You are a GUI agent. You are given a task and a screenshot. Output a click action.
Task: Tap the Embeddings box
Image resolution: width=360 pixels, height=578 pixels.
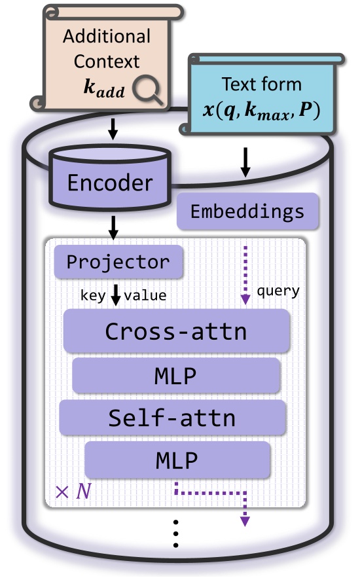click(247, 211)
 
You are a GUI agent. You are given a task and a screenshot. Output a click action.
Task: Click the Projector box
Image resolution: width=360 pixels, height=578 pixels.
click(118, 262)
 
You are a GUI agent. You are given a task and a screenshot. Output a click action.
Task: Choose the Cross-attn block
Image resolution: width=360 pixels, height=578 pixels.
click(176, 331)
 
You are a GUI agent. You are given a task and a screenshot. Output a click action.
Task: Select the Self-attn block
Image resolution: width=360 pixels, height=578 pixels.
click(173, 417)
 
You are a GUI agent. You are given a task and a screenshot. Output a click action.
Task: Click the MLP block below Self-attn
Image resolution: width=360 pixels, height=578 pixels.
click(177, 460)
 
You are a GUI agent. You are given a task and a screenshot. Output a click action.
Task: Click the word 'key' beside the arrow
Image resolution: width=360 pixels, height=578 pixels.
click(92, 295)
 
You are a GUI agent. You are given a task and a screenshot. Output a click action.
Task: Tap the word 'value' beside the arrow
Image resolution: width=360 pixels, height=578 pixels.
click(145, 295)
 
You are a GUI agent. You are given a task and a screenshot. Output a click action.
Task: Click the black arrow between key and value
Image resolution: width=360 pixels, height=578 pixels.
click(116, 296)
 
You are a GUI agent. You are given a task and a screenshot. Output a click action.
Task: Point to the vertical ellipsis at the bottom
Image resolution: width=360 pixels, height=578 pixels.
click(176, 537)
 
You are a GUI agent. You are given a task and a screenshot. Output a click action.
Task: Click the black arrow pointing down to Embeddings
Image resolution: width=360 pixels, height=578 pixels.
click(245, 162)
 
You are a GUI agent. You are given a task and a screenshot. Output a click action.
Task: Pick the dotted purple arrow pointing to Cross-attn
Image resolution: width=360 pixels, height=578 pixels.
click(245, 275)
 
